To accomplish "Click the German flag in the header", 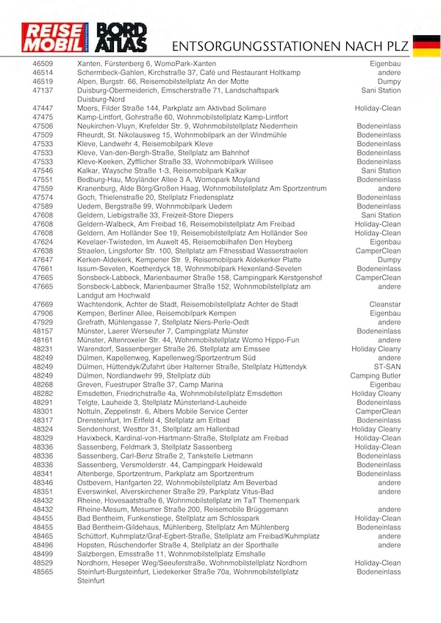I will (426, 45).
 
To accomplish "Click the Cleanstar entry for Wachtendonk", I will (385, 303).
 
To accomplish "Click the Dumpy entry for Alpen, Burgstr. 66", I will (389, 82).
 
